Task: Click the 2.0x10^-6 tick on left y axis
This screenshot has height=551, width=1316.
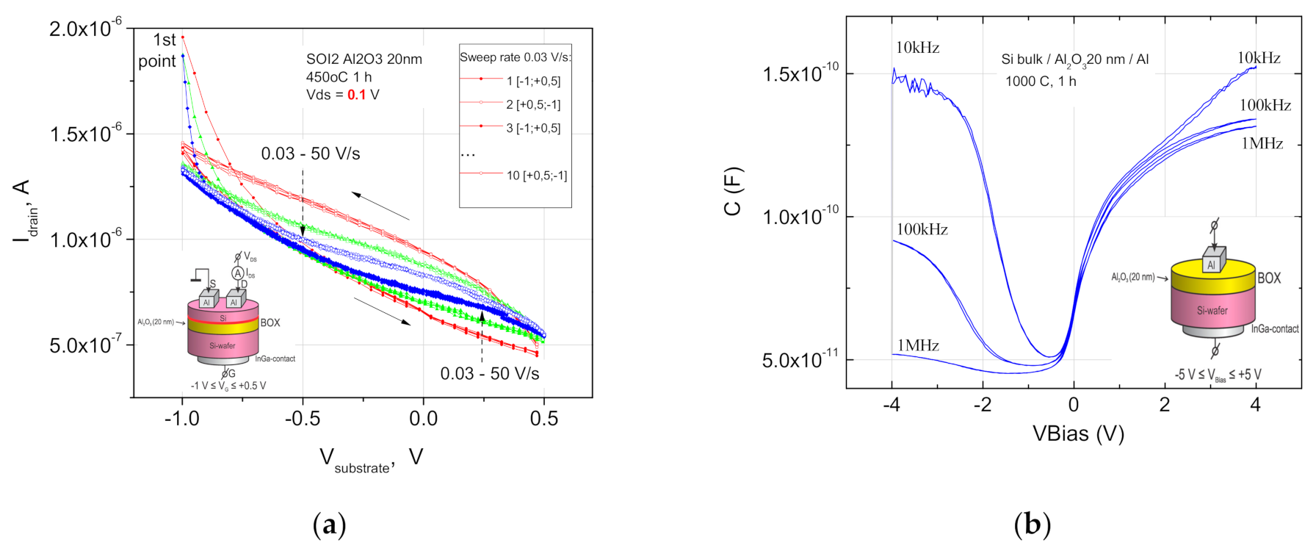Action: [x=84, y=29]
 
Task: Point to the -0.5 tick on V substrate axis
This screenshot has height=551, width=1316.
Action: [x=303, y=419]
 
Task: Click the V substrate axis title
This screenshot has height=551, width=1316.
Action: [x=371, y=460]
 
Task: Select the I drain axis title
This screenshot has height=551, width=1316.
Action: [x=23, y=210]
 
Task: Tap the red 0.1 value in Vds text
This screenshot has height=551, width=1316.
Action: [x=356, y=95]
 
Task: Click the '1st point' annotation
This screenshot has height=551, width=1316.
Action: [x=157, y=50]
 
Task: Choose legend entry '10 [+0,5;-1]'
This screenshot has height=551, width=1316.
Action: [x=536, y=176]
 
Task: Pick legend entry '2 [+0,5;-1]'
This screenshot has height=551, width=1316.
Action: [x=533, y=104]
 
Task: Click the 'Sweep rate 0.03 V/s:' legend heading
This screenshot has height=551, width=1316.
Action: [x=516, y=57]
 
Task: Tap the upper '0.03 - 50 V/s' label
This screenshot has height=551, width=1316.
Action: [x=311, y=154]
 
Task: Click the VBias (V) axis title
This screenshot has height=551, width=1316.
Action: [x=1078, y=433]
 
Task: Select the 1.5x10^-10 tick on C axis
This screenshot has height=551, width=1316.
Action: [x=800, y=74]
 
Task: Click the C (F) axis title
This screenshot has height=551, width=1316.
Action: [x=734, y=192]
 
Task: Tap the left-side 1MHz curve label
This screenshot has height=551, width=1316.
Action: [x=918, y=345]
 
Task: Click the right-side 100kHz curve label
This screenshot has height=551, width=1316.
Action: [x=1265, y=105]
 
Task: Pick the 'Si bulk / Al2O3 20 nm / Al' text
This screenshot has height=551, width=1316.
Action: [x=1074, y=60]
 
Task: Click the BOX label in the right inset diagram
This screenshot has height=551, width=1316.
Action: [x=1269, y=278]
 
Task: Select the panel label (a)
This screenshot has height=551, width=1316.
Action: [x=329, y=525]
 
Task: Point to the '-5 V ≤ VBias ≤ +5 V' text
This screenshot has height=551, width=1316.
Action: [x=1218, y=375]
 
